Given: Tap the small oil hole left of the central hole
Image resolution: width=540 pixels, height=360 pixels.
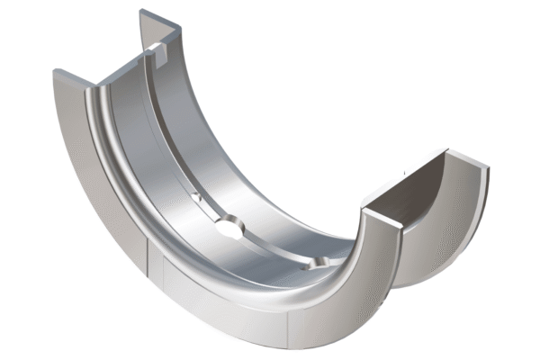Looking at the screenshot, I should pos(196,195).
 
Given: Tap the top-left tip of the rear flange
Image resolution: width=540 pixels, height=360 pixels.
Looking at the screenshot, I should pos(142,13).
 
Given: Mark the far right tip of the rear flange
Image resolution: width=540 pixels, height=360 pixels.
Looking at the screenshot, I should pos(487,167).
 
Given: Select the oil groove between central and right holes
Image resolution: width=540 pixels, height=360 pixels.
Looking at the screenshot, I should pos(274,248).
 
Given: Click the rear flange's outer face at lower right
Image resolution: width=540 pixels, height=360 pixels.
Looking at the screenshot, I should pos(450,243).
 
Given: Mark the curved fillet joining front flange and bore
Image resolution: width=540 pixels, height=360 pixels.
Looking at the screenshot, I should pos(135,198).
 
